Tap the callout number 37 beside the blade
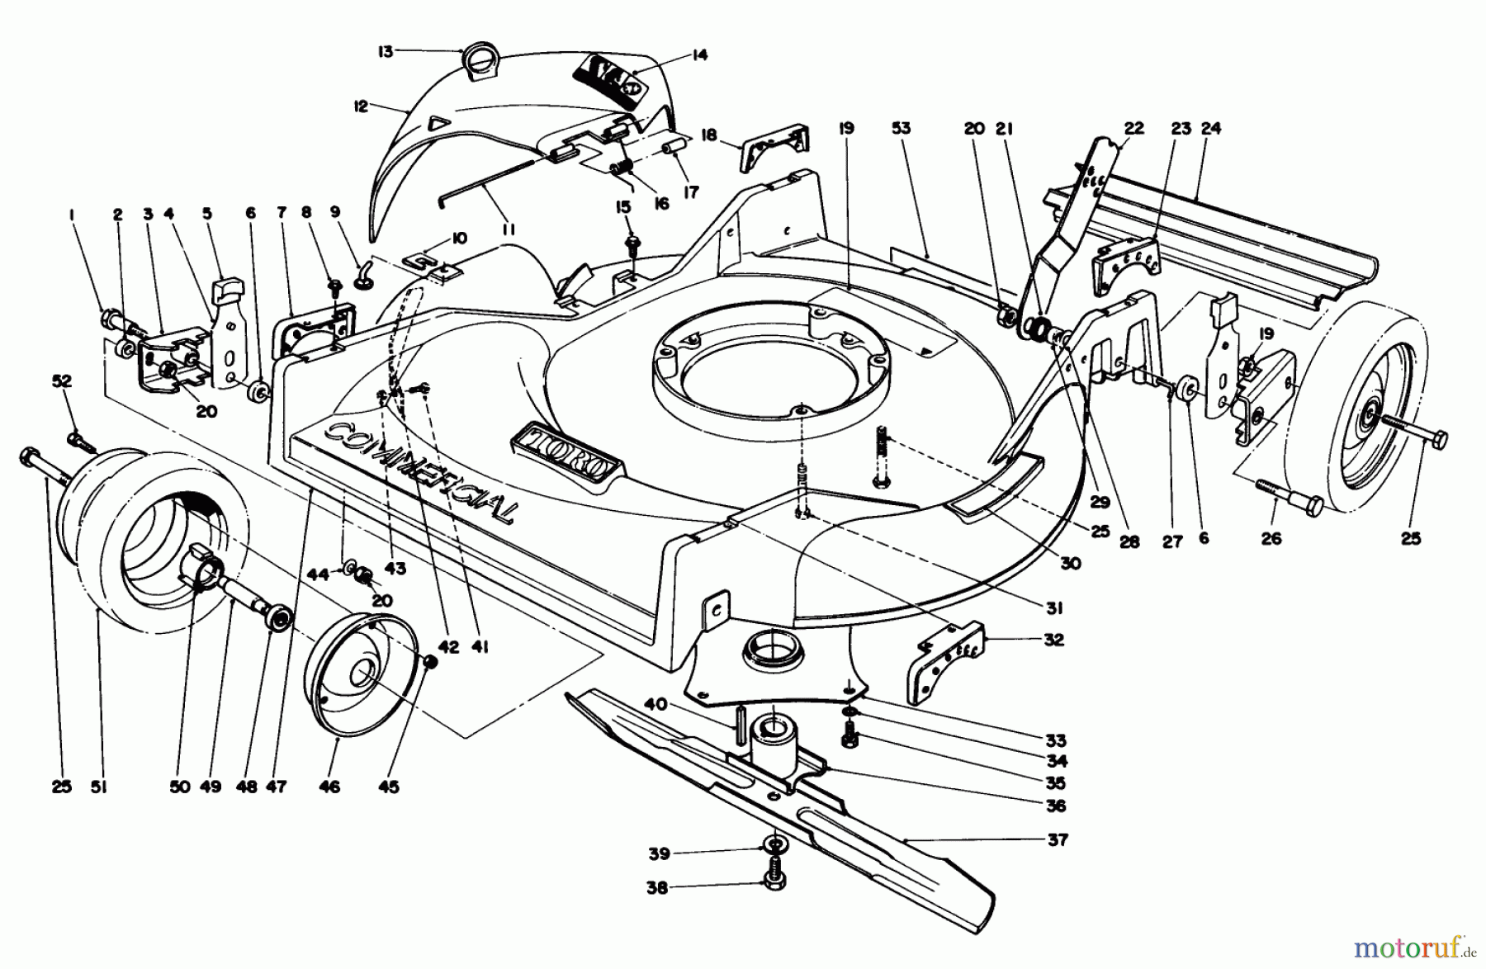coord(1058,839)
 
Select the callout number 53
coord(901,128)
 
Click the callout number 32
coord(1053,640)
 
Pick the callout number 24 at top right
coord(1211,128)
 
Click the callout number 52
coord(62,381)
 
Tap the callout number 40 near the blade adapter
coord(655,704)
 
